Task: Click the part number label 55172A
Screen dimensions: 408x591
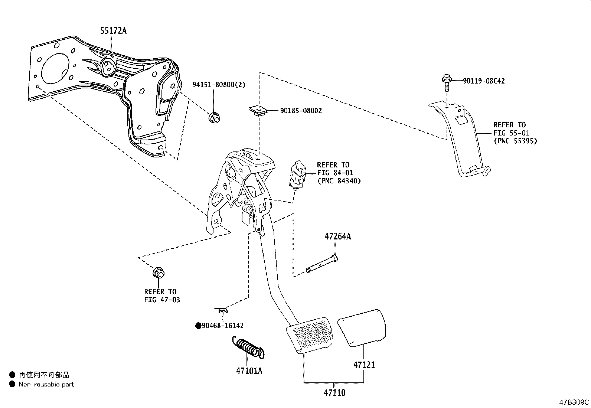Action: (x=113, y=31)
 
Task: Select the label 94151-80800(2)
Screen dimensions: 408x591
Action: (x=219, y=85)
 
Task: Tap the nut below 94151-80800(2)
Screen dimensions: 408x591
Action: (x=214, y=117)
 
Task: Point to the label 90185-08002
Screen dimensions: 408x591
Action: (x=301, y=111)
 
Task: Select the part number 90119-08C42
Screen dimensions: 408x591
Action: (x=484, y=81)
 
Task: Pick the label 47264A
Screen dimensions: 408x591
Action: (x=337, y=236)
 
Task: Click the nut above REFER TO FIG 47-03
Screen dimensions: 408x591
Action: (x=159, y=272)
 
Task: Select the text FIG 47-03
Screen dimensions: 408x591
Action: (x=162, y=299)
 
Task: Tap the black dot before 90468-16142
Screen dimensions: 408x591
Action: (x=198, y=326)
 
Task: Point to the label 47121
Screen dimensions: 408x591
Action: (x=364, y=365)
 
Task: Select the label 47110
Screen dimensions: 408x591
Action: (x=334, y=392)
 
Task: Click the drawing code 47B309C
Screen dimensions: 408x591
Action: (x=574, y=402)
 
